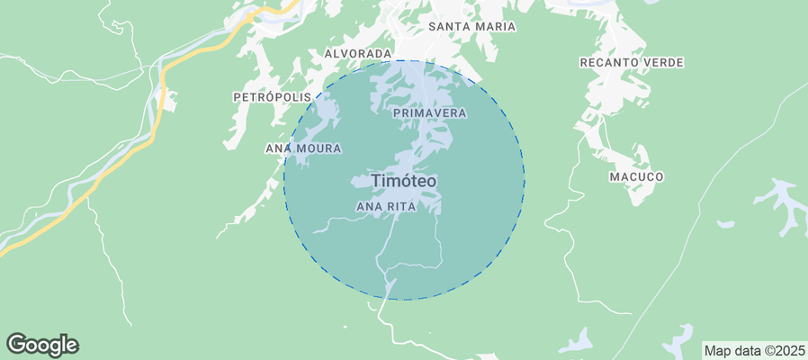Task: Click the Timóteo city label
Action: point(404,181)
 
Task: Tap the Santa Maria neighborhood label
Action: point(471,27)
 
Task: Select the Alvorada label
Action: point(358,54)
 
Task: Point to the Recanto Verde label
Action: point(632,62)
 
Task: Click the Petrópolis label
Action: point(272,96)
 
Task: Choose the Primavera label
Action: point(429,113)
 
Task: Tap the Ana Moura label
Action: point(302,148)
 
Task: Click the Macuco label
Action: point(636,177)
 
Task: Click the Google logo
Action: point(42,345)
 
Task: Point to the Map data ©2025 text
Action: point(754,350)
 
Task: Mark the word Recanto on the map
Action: point(609,62)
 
